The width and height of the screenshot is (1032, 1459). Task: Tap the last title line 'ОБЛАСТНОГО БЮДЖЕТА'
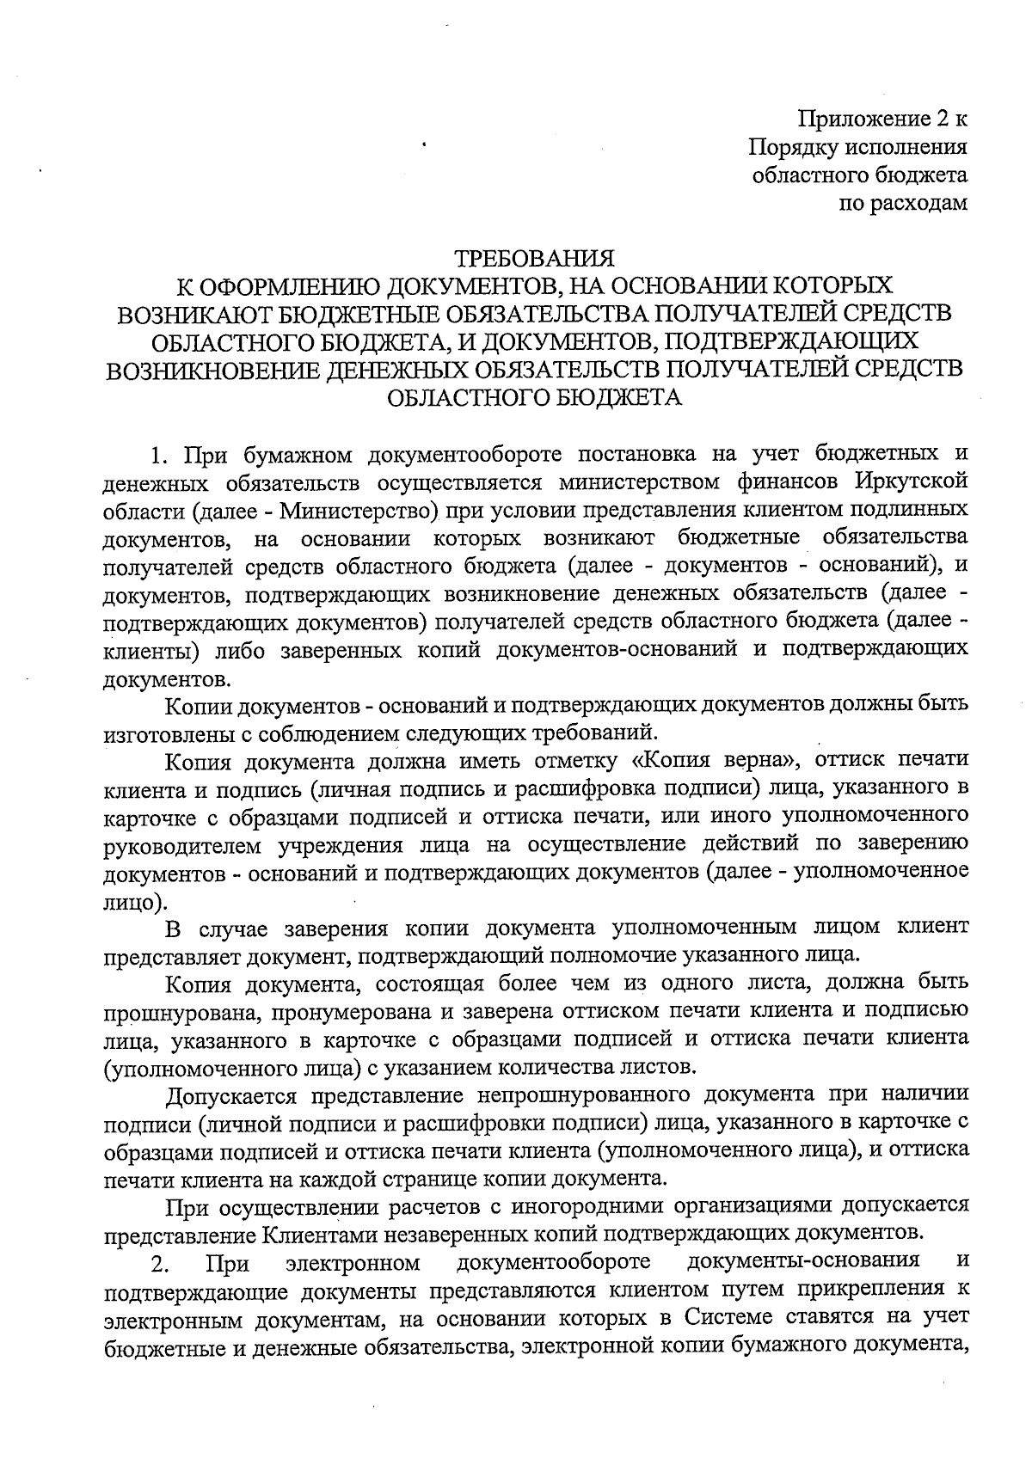point(534,398)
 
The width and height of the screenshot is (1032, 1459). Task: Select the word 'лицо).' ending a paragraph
point(135,903)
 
